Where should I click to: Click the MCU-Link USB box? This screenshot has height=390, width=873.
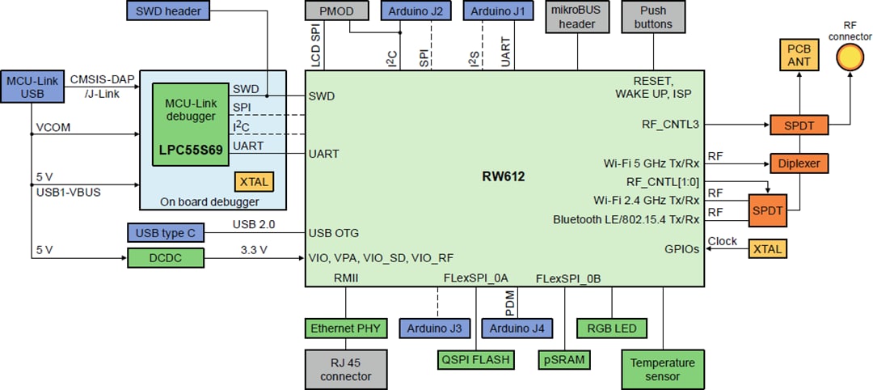[x=33, y=87]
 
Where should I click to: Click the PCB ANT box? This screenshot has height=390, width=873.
[x=799, y=55]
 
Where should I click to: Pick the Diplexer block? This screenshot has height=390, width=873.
[x=799, y=163]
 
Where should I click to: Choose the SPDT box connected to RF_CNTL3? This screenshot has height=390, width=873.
[x=799, y=125]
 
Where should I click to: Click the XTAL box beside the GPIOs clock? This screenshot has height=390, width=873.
[x=767, y=248]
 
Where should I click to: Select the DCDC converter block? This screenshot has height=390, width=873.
[x=166, y=258]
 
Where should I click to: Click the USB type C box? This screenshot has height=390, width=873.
[x=166, y=233]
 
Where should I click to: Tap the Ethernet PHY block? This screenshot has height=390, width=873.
[x=345, y=329]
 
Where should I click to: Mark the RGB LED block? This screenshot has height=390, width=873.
[x=612, y=329]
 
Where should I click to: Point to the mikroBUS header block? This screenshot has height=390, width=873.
[x=577, y=18]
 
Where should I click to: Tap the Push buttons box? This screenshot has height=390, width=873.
[x=653, y=18]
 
